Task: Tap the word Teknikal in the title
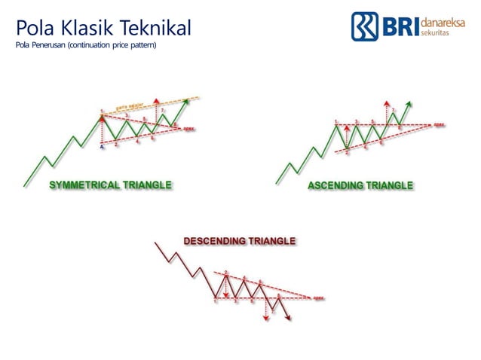[x=155, y=29]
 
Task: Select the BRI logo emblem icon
[x=365, y=26]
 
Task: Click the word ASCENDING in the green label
[x=337, y=185]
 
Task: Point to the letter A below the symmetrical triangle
[x=103, y=146]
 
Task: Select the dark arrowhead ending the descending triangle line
[x=290, y=319]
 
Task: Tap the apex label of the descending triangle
[x=318, y=296]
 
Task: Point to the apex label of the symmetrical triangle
[x=189, y=129]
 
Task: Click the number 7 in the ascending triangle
[x=393, y=111]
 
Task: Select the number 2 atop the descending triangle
[x=225, y=271]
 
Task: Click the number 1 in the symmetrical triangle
[x=102, y=112]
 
